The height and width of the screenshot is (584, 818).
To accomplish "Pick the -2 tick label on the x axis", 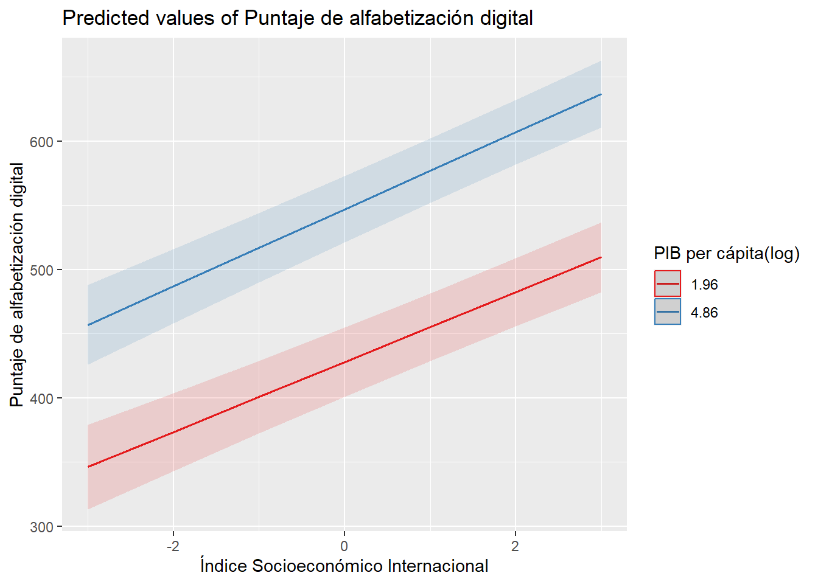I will point(173,546).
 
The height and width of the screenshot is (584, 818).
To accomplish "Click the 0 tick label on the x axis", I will point(344,546).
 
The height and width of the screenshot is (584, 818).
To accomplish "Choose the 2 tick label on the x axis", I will point(516,546).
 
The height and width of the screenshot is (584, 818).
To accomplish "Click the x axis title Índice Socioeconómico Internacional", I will point(344,566).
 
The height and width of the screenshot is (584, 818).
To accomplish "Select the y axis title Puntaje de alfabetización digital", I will point(17,284).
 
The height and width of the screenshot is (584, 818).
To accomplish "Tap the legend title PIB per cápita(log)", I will point(727,253).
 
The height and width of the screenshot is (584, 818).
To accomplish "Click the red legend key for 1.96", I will point(668,284).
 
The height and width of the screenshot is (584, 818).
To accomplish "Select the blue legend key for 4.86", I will point(668,312).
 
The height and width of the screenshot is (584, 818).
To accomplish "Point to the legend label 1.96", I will point(704,285).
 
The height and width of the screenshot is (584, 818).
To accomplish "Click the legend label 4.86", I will point(704,313).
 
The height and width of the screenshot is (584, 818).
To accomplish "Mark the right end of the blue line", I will point(601,94).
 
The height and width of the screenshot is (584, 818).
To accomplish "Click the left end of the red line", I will point(88,467).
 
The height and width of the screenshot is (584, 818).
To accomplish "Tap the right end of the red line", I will point(601,257).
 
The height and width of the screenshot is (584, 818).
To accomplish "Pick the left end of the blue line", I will point(88,325).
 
